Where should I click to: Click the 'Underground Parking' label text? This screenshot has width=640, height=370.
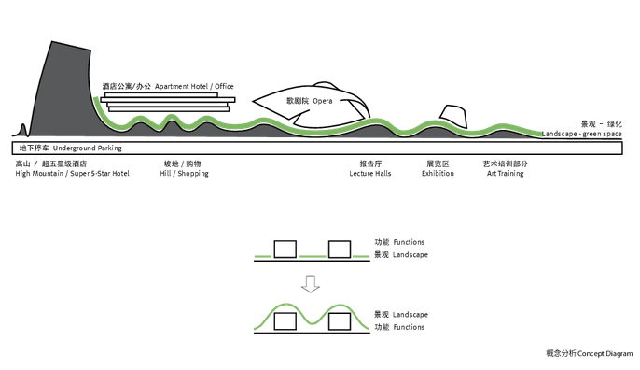[88, 148]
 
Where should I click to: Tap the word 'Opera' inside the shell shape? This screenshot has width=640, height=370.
[323, 101]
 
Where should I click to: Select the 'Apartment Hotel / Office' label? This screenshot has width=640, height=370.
[194, 86]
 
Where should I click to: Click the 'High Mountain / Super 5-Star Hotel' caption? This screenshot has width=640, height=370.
[72, 174]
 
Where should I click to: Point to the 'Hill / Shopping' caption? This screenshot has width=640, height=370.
[184, 174]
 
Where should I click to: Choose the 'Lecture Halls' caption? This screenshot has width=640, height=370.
[370, 174]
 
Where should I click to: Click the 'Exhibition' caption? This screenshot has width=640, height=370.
[438, 174]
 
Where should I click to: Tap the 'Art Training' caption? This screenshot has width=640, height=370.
[506, 174]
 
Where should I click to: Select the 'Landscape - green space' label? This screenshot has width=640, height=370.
[581, 134]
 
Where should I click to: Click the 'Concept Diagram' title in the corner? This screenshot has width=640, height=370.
[605, 353]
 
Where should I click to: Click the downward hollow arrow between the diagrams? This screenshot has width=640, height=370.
[310, 284]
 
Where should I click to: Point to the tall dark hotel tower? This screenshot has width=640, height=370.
[62, 90]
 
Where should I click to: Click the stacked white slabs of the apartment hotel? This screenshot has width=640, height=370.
[168, 102]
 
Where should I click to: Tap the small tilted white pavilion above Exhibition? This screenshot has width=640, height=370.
[453, 117]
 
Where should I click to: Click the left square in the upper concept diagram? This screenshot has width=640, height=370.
[285, 249]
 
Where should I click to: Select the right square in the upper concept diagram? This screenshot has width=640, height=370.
[340, 249]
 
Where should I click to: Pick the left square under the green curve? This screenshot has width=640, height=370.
[285, 321]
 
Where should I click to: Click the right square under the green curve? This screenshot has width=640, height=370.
[340, 321]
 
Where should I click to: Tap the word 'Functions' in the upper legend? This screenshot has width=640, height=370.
[409, 242]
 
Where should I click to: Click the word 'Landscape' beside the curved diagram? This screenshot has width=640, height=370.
[410, 315]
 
